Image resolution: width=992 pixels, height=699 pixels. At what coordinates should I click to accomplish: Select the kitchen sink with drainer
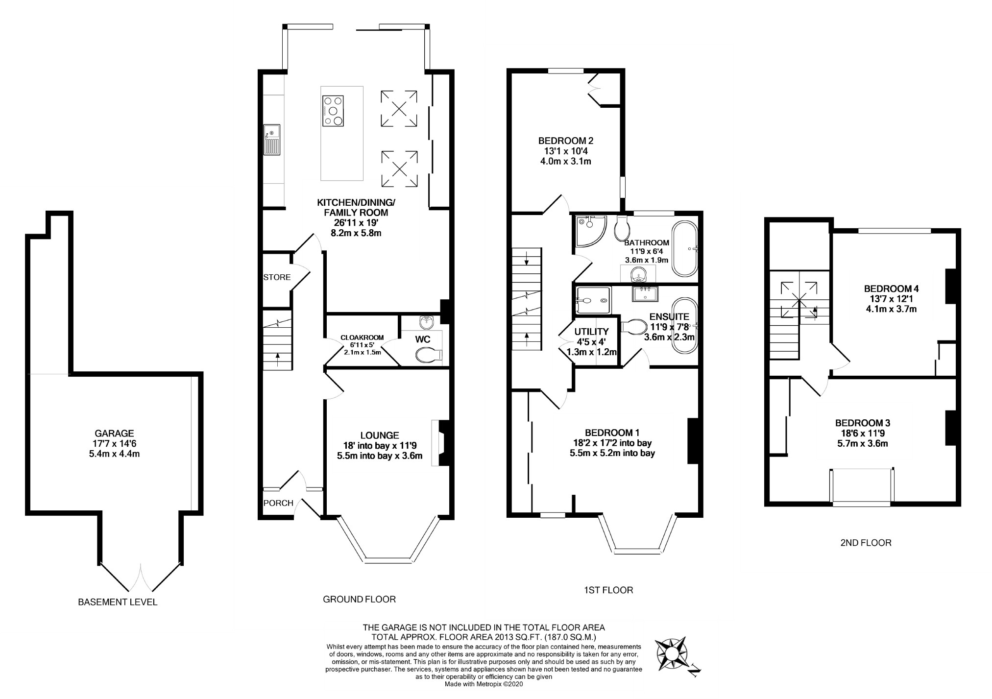click(x=271, y=140)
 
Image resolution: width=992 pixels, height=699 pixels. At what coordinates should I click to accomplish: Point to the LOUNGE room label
click(x=380, y=435)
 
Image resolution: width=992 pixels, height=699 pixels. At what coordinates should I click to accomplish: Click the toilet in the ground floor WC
click(x=428, y=355)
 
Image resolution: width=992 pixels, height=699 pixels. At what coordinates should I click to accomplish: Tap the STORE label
click(x=277, y=277)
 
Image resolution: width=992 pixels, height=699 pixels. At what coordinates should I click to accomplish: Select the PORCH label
click(x=278, y=503)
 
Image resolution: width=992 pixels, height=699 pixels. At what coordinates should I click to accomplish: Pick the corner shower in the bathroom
click(x=591, y=230)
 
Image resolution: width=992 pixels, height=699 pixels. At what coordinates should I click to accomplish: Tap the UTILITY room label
click(x=591, y=332)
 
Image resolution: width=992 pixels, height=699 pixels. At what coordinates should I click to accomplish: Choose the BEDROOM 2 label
click(x=566, y=141)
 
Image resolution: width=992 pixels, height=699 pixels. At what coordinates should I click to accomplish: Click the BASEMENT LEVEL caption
click(x=118, y=602)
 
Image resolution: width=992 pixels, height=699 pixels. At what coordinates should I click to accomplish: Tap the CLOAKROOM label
click(x=362, y=337)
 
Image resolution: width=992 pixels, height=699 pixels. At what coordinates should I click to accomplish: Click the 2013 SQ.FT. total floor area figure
click(x=509, y=637)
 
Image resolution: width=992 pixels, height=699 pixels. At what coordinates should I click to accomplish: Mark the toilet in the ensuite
click(x=634, y=326)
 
